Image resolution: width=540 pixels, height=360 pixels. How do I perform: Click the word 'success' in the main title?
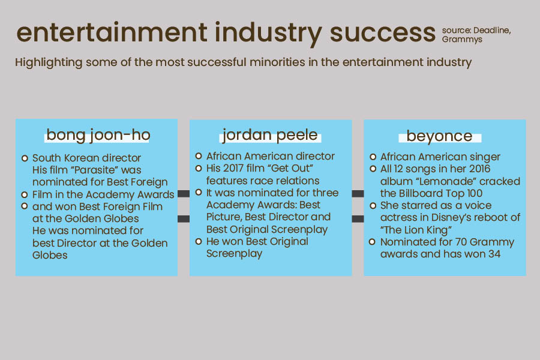click(x=383, y=33)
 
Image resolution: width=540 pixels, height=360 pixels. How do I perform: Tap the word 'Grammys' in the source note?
click(x=462, y=40)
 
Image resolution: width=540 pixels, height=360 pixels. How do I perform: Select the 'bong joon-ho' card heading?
click(x=98, y=135)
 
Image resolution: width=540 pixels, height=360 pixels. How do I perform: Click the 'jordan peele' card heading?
click(x=269, y=135)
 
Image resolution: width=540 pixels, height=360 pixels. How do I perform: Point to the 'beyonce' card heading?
click(x=439, y=136)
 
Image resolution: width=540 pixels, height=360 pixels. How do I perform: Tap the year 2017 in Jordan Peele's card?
click(x=232, y=168)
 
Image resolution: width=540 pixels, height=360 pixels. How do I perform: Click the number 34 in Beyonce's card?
click(x=494, y=254)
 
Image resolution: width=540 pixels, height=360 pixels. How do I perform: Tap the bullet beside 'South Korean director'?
click(x=25, y=158)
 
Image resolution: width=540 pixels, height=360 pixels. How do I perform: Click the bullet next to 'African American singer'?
click(x=373, y=157)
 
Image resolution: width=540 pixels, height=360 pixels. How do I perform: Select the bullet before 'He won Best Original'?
click(x=199, y=241)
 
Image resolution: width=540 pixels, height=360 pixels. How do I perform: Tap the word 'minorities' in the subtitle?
click(x=277, y=62)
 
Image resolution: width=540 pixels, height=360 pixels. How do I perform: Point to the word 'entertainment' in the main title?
click(x=112, y=32)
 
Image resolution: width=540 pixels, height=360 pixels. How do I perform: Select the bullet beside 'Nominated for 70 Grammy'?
click(x=372, y=242)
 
